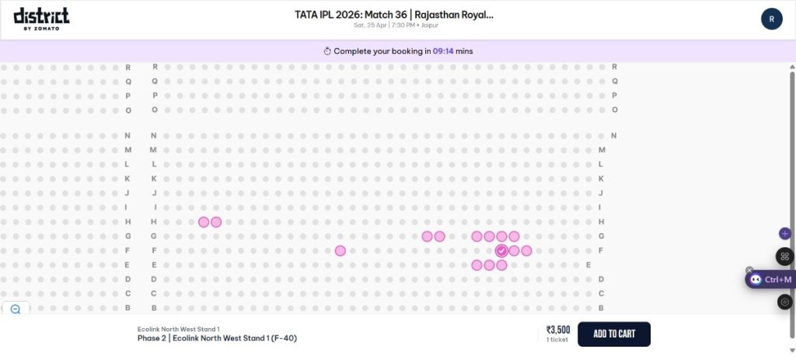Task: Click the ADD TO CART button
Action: (x=613, y=334)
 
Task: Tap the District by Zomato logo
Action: (x=41, y=19)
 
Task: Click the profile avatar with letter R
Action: (x=771, y=19)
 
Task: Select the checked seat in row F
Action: (x=501, y=250)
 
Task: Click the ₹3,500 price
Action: (x=557, y=329)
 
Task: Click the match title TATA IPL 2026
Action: (x=394, y=15)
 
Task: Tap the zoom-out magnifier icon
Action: (x=16, y=309)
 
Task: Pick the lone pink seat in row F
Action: (x=340, y=250)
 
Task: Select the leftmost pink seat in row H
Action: (x=204, y=222)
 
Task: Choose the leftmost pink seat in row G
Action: (x=427, y=236)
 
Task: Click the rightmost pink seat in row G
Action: (x=514, y=236)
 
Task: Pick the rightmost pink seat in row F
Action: (x=526, y=250)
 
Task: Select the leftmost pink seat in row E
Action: (x=477, y=265)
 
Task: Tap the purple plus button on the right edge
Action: (x=784, y=233)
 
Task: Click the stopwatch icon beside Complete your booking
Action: (x=327, y=51)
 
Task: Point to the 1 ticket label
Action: (x=557, y=339)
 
